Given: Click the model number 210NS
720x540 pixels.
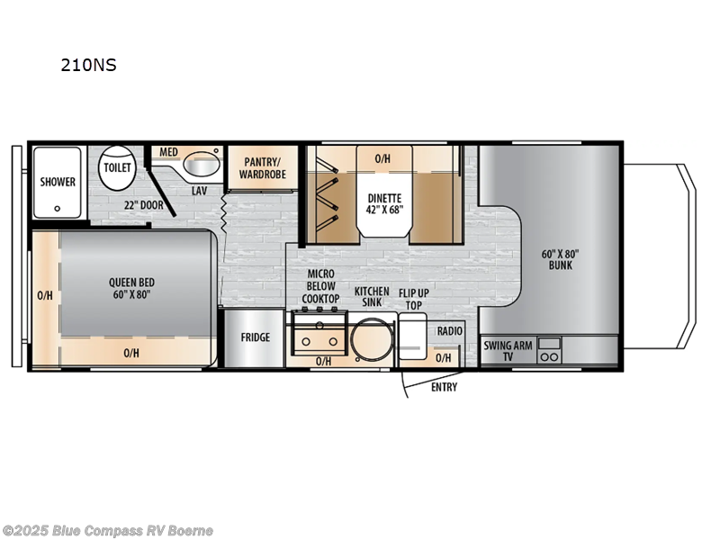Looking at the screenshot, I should [x=88, y=65].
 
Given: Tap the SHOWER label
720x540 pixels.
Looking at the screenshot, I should [x=58, y=182].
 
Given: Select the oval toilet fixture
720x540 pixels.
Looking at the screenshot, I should [x=117, y=169].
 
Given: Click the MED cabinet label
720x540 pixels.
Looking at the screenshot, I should [x=168, y=152].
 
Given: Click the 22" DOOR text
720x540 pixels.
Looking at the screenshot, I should [x=146, y=204].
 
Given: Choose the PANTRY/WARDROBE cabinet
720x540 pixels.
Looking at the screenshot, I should [x=264, y=167].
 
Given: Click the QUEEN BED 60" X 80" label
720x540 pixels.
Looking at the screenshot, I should [x=130, y=287].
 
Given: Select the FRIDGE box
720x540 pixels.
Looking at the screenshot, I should [x=255, y=337].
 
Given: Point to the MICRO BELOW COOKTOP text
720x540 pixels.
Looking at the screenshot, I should [x=320, y=286].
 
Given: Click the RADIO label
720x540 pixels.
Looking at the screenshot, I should [x=449, y=331].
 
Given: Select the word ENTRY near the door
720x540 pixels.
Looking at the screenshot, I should [x=444, y=387].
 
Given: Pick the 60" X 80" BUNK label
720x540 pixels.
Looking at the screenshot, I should [x=559, y=260].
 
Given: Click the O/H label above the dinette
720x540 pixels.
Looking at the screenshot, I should [x=382, y=158].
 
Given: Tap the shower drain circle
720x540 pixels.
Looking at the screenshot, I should [x=58, y=206].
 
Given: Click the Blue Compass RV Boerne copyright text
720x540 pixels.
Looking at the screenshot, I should [x=108, y=530].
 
